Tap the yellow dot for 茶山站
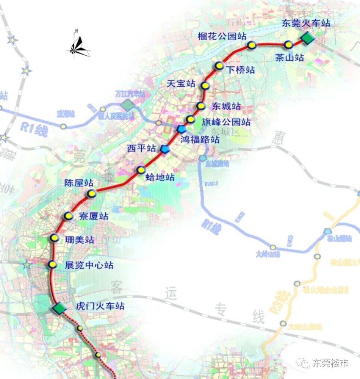point(289,45)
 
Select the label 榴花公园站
point(222,36)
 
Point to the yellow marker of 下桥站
point(219,66)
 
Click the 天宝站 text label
point(181,84)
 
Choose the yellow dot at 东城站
point(201,106)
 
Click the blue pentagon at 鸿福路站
point(181,129)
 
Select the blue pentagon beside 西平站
point(165,149)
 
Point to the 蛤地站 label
point(160,177)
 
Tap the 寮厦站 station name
point(93,216)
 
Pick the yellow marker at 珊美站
point(54,238)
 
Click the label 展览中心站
point(89,265)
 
